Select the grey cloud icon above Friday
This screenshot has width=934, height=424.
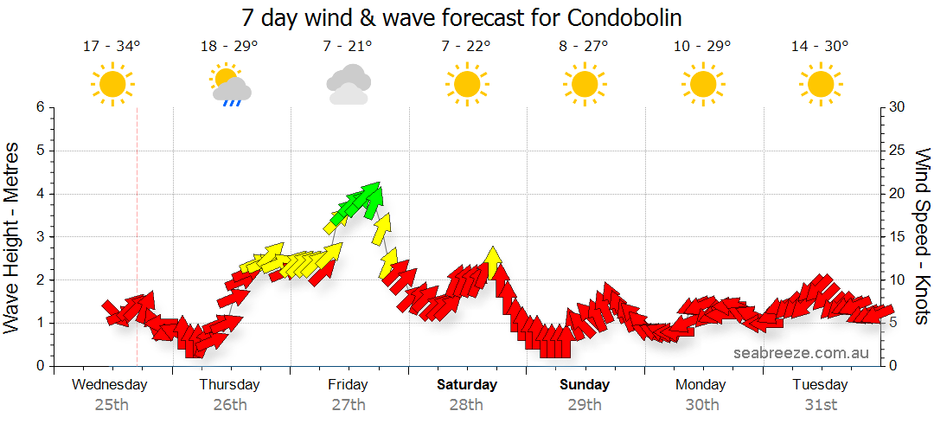[x=349, y=85]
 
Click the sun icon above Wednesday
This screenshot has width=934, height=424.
[x=112, y=85]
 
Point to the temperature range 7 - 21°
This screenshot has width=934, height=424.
[x=349, y=46]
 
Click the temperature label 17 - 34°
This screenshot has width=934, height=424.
[x=112, y=46]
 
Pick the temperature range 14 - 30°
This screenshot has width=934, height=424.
[x=820, y=46]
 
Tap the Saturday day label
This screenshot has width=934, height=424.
[x=467, y=384]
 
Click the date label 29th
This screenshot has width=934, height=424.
[x=585, y=404]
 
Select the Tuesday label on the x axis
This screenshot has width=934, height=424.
[x=820, y=384]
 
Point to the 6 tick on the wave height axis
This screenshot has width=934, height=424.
[x=39, y=107]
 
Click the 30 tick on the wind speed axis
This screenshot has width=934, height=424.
[x=897, y=107]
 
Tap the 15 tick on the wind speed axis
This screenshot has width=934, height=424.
[x=897, y=237]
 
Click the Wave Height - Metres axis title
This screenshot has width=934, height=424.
[x=13, y=237]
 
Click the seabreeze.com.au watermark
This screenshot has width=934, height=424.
[x=801, y=353]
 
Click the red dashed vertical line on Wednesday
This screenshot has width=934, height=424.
[x=138, y=260]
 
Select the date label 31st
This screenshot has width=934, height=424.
[x=820, y=404]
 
